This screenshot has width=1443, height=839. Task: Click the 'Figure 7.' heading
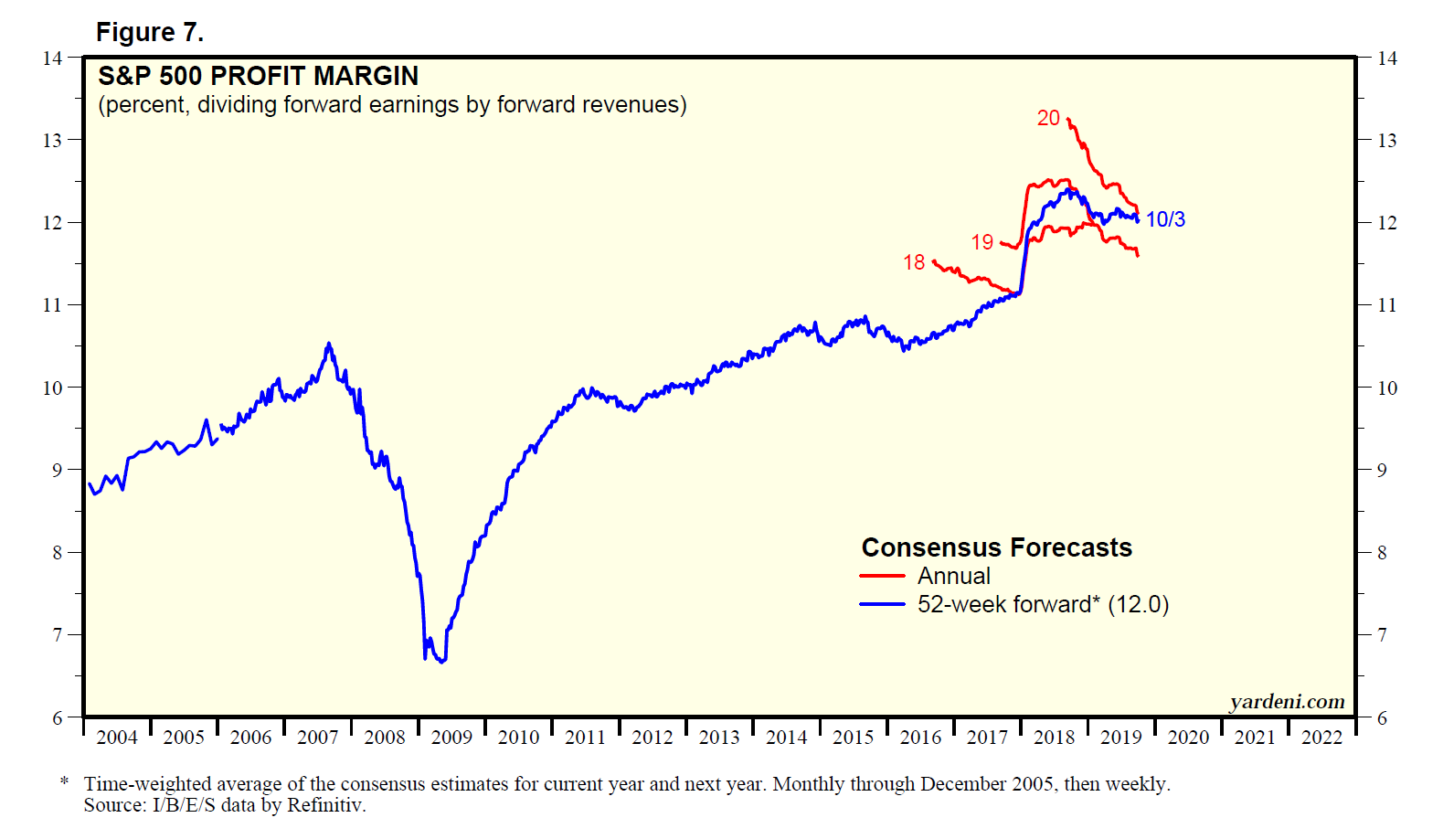click(149, 33)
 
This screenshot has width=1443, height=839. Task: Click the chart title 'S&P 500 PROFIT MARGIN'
click(258, 76)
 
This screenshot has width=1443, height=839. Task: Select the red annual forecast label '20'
click(1048, 118)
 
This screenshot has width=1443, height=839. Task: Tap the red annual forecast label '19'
click(981, 242)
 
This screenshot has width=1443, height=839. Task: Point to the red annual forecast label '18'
click(914, 262)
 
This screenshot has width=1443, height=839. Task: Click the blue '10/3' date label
click(1165, 219)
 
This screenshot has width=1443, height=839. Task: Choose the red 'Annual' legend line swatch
click(882, 577)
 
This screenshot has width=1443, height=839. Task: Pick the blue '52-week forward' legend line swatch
click(882, 605)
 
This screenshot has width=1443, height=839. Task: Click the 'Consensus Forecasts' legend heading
click(996, 547)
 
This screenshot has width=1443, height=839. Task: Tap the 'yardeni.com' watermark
click(1287, 701)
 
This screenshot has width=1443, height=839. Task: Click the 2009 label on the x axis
click(451, 738)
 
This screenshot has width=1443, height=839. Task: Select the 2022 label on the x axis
click(1321, 738)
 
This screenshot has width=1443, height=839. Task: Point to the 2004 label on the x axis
click(117, 738)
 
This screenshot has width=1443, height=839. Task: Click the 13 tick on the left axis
click(52, 140)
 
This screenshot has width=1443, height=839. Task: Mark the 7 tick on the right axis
click(1382, 634)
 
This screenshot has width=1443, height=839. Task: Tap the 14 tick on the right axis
click(1386, 58)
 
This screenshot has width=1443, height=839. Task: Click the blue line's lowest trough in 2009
click(442, 661)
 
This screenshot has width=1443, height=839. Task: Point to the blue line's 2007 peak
click(329, 344)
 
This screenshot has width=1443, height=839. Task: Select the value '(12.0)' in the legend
click(1138, 605)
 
